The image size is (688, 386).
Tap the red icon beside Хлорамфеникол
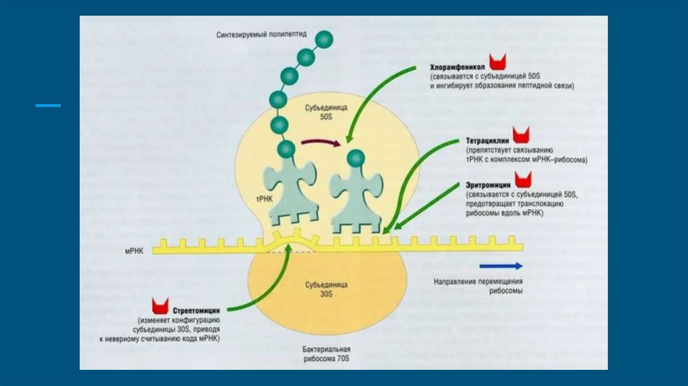(x=498, y=63)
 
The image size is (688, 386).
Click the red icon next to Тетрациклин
(x=521, y=134)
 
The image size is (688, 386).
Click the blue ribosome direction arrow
(x=509, y=265)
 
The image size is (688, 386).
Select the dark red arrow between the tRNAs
(x=320, y=142)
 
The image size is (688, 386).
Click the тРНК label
(x=263, y=200)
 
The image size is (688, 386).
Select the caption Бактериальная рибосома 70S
(x=326, y=354)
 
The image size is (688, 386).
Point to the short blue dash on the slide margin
(x=48, y=106)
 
